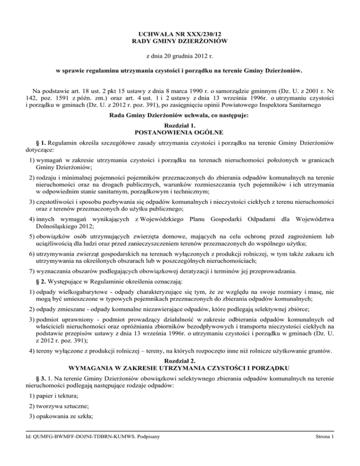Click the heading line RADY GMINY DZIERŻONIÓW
(x=180, y=42)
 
